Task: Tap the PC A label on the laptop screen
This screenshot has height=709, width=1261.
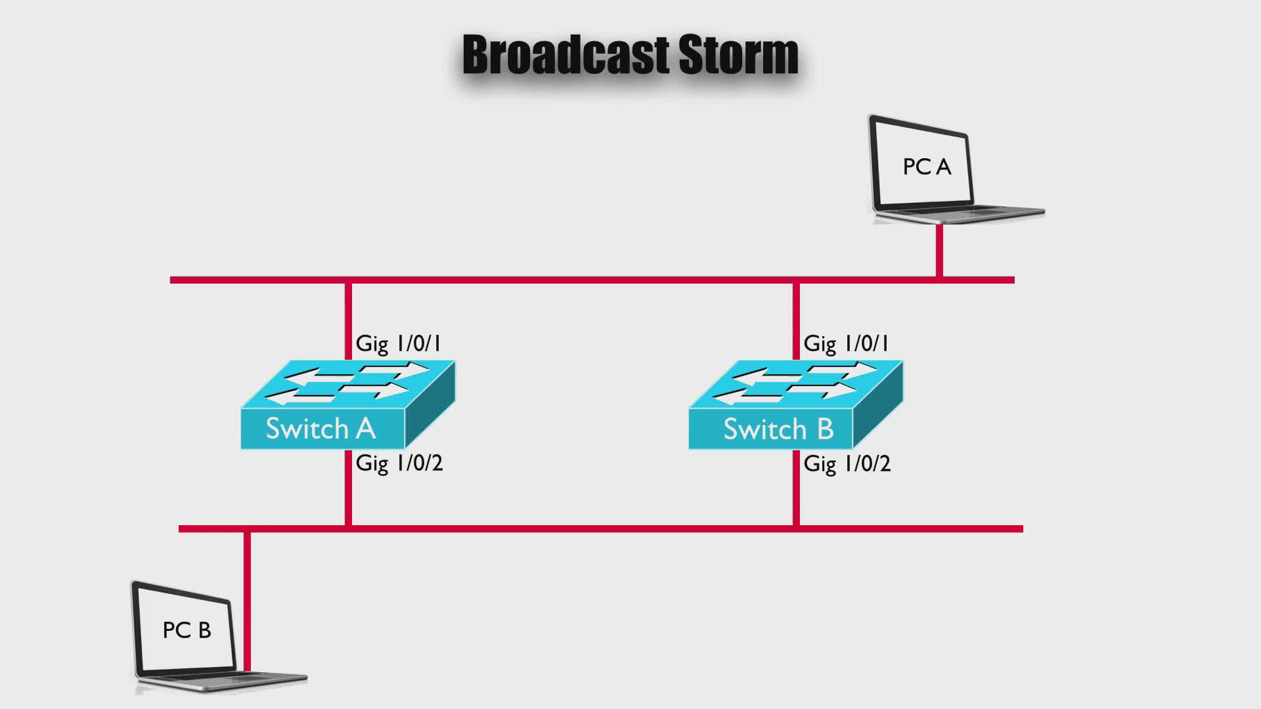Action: [x=927, y=167]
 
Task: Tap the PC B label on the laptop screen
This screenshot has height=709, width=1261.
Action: [x=187, y=630]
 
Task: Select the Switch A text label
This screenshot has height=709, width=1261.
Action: [x=321, y=429]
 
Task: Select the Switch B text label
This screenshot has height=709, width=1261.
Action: [x=778, y=429]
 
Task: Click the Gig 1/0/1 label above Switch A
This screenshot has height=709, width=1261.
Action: [x=399, y=343]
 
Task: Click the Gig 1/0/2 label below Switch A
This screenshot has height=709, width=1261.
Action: [x=399, y=463]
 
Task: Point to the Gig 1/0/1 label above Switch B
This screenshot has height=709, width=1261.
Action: [x=847, y=343]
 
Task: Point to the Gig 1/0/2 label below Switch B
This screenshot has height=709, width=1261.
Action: [x=847, y=464]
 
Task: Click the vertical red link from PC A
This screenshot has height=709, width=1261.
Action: [x=940, y=250]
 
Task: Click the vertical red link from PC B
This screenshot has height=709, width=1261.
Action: [x=248, y=601]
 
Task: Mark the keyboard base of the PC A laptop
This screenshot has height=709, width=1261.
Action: [x=959, y=213]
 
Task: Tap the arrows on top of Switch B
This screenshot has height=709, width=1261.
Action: [x=794, y=383]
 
